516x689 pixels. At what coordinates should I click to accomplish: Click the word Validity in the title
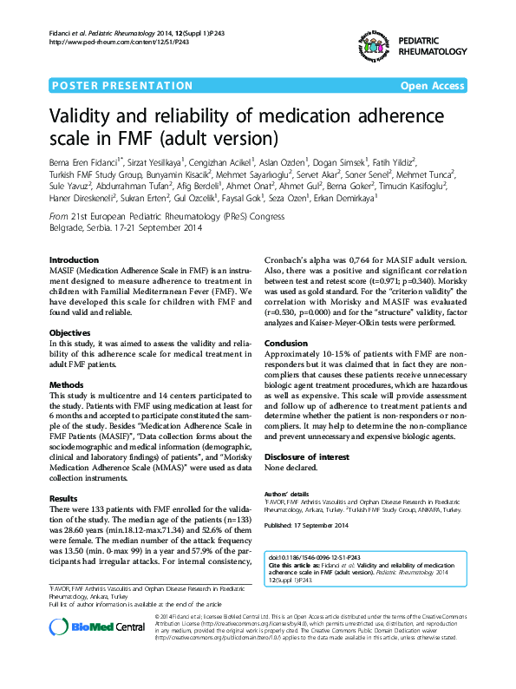(82, 118)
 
